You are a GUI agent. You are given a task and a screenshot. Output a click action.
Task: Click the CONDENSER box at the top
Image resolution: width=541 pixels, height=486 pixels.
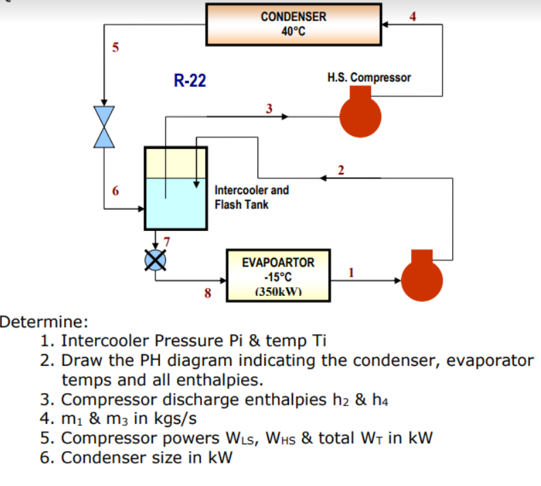click(x=294, y=25)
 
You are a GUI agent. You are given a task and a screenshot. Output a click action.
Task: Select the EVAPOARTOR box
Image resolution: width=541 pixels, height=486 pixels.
click(x=278, y=275)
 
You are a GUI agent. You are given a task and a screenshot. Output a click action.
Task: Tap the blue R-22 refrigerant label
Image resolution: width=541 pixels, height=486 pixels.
click(x=190, y=81)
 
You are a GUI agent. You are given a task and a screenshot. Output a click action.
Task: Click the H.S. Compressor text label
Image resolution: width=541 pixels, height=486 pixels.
click(x=369, y=78)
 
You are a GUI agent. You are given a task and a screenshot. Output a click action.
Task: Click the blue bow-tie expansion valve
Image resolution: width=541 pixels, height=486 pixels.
click(x=104, y=127)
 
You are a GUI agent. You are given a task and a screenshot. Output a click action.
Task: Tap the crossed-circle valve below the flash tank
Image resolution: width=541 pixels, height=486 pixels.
click(x=155, y=260)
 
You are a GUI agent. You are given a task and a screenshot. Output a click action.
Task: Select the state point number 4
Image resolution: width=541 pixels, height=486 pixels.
click(x=413, y=16)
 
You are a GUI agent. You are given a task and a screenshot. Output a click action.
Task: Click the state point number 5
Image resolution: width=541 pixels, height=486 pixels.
click(x=115, y=47)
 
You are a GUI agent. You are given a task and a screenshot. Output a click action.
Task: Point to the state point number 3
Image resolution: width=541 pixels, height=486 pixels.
click(x=269, y=109)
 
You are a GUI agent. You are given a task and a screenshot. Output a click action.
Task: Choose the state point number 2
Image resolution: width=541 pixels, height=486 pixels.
click(x=341, y=170)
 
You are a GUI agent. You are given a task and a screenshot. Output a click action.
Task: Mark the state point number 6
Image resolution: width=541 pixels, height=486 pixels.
click(x=115, y=191)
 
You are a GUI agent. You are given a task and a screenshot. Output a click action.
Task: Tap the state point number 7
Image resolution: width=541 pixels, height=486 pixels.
click(x=167, y=241)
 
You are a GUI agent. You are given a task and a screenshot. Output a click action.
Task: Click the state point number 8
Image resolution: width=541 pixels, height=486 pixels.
click(x=208, y=293)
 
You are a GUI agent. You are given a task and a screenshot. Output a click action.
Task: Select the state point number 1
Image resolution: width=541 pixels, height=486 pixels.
click(x=351, y=273)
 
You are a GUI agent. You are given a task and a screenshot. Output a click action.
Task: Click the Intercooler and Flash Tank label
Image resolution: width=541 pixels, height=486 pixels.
click(x=251, y=198)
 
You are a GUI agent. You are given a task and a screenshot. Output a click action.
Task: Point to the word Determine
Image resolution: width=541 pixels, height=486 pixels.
click(x=44, y=322)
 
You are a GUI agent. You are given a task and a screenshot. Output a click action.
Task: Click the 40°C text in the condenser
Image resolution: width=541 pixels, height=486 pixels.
click(x=293, y=31)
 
